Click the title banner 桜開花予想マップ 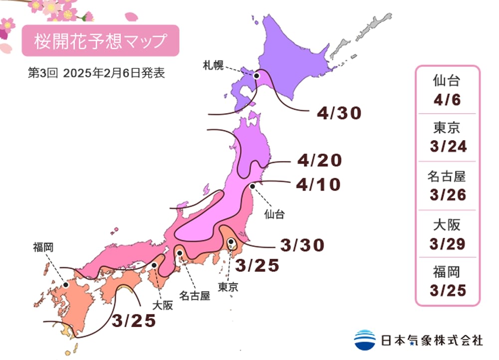tap(100, 41)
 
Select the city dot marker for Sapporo tap(257, 76)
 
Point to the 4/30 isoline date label tap(339, 114)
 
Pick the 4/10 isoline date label tap(318, 185)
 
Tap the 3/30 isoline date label tap(302, 245)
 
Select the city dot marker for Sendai tap(252, 186)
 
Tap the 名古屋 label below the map tap(195, 295)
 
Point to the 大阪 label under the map tap(162, 305)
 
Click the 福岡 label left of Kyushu tap(43, 247)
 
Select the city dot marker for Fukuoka tap(65, 285)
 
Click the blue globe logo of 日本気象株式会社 tap(365, 340)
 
